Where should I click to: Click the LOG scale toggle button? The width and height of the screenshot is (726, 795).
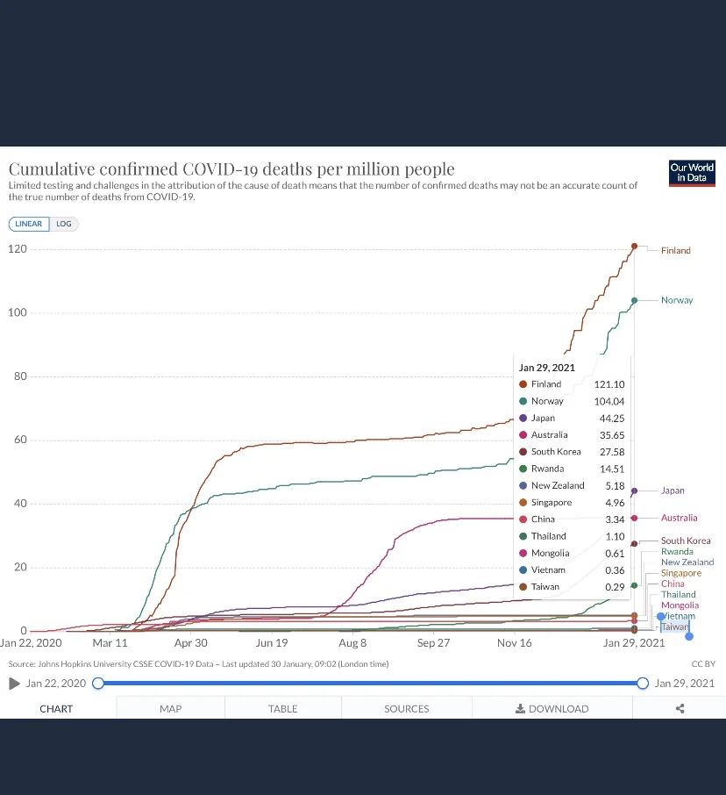64,224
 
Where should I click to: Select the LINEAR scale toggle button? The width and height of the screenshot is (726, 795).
29,224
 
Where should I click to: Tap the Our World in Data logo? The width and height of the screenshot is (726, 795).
692,172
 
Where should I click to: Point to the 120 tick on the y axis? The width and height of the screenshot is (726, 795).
18,249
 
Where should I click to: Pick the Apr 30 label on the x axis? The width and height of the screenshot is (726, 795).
191,643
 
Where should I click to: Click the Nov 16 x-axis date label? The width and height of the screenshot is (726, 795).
514,643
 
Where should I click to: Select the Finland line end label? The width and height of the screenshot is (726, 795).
675,251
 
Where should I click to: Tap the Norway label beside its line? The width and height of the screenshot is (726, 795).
676,300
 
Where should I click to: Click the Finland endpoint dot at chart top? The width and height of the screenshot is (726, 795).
634,246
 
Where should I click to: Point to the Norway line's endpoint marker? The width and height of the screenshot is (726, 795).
634,300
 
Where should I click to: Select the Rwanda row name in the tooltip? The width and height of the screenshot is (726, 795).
547,469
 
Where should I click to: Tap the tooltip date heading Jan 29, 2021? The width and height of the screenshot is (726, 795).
547,368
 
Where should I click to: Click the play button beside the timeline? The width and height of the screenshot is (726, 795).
14,684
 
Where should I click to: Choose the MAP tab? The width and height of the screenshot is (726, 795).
170,709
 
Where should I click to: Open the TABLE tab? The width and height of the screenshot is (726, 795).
282,709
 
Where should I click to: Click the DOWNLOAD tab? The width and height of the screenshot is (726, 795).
552,709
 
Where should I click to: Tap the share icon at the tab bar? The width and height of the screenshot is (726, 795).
680,709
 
